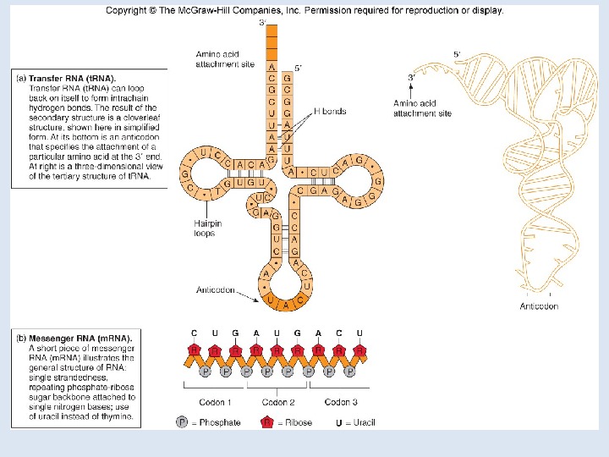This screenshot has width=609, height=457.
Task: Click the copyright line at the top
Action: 304,11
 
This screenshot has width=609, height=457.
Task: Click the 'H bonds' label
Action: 329,111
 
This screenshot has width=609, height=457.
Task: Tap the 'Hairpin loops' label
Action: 208,228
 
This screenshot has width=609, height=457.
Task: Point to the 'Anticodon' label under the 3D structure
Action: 539,306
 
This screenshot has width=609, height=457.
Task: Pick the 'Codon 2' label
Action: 277,402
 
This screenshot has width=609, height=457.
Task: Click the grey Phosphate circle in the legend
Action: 182,421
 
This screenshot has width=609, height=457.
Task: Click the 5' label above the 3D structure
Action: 457,54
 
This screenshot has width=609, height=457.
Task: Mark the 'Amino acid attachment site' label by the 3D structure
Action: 422,107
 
